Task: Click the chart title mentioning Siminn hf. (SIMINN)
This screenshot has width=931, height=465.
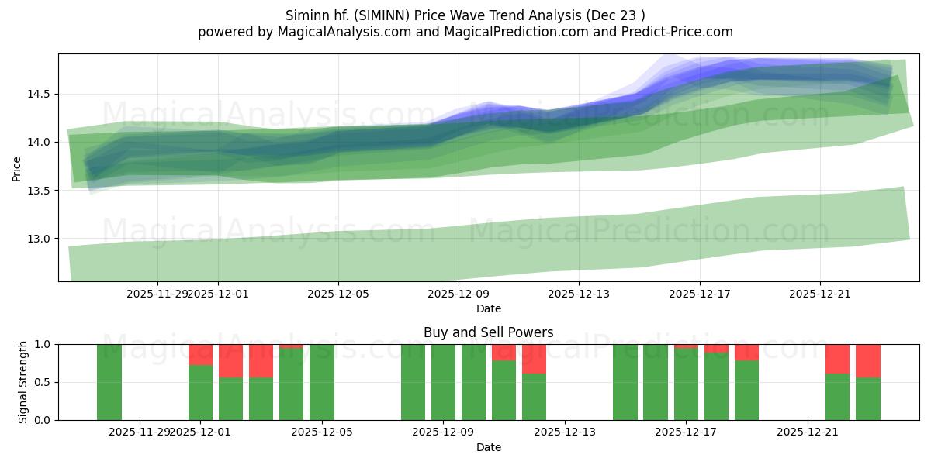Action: click(x=465, y=15)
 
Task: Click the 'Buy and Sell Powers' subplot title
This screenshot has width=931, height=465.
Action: click(x=488, y=332)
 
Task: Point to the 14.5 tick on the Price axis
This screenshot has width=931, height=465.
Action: click(x=40, y=95)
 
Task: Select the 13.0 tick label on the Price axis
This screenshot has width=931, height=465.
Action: click(x=40, y=239)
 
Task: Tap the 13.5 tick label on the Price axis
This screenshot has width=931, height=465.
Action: click(x=40, y=191)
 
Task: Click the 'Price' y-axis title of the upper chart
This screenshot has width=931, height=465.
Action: click(x=17, y=167)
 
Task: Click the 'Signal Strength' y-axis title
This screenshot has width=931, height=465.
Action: click(x=23, y=382)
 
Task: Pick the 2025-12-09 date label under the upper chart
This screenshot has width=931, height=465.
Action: click(x=458, y=294)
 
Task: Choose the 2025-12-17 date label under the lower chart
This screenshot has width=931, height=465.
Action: click(x=686, y=432)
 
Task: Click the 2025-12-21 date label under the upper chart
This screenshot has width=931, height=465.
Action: click(x=820, y=294)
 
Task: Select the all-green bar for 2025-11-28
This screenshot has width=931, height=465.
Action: click(x=109, y=382)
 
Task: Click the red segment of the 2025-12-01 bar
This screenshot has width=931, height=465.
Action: click(x=200, y=354)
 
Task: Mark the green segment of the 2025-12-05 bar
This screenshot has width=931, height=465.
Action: click(x=322, y=382)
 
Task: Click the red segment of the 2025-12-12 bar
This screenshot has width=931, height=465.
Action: click(x=534, y=358)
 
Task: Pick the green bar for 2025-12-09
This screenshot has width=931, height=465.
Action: click(x=443, y=382)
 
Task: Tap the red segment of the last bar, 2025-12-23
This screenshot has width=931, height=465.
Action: click(x=868, y=360)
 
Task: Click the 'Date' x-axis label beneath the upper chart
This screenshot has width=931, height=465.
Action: click(x=488, y=308)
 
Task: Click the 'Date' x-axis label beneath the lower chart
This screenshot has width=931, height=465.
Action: click(x=488, y=447)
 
